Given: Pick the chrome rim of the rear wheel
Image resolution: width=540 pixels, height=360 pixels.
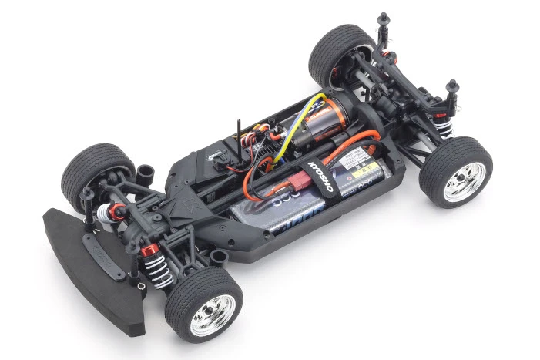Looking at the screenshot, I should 465,182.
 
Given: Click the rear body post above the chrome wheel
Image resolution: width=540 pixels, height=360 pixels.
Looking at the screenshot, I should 453,86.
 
